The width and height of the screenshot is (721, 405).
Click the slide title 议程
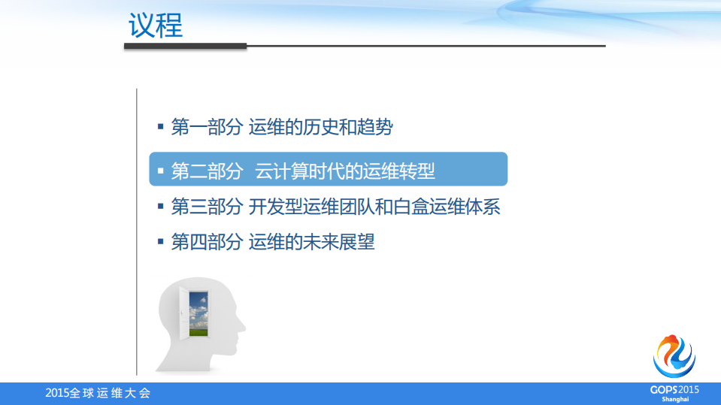tap(156, 25)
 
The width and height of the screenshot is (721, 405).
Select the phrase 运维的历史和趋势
tap(321, 127)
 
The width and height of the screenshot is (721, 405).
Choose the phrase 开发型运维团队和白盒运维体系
tap(374, 206)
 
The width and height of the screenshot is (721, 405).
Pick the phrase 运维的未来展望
tap(311, 242)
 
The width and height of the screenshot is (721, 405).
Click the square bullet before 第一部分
tap(160, 126)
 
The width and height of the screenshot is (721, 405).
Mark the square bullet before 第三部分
tap(160, 205)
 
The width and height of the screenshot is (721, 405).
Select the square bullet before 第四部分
tap(160, 241)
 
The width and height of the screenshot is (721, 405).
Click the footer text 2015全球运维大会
tap(98, 393)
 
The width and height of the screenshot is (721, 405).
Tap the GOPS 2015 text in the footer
tap(674, 389)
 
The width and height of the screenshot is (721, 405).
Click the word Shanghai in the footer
tap(674, 399)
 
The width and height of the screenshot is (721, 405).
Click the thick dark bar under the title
tap(185, 46)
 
